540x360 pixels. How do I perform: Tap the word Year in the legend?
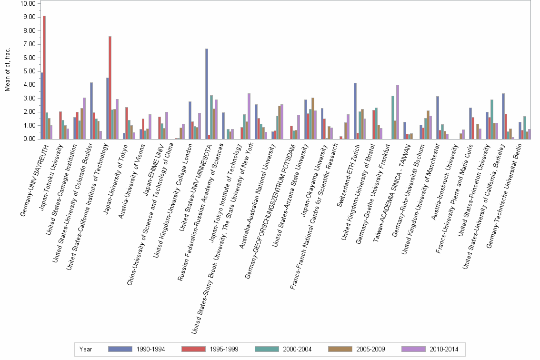pos(86,349)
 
